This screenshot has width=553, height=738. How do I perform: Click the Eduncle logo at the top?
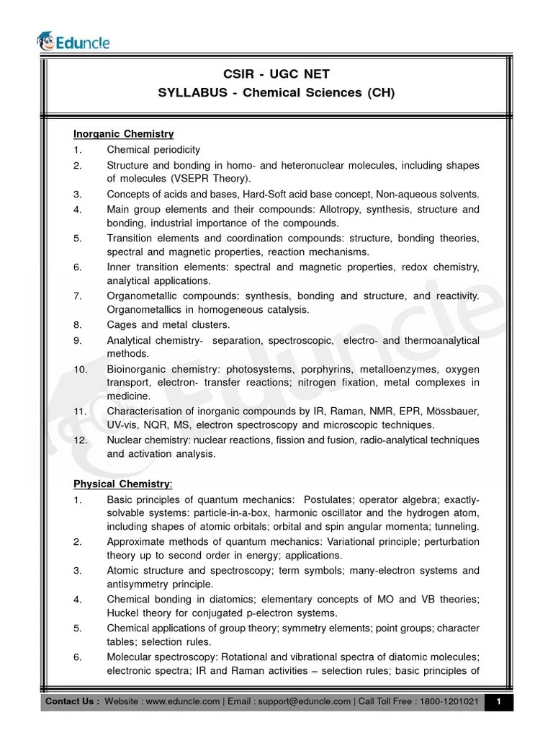pos(74,42)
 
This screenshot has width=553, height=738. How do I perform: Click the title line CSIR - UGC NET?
pos(276,75)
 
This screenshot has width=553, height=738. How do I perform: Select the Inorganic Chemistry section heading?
pos(123,134)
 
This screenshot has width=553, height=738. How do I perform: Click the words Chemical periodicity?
pos(153,150)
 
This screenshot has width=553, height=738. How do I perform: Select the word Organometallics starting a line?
pos(147,310)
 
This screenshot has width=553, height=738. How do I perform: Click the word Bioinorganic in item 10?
pos(138,368)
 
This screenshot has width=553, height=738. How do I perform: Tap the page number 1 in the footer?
pos(498,701)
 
